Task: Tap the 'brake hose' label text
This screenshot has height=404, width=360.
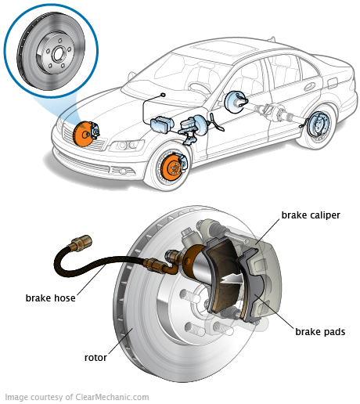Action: (49, 298)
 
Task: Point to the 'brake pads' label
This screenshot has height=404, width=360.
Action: (319, 332)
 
